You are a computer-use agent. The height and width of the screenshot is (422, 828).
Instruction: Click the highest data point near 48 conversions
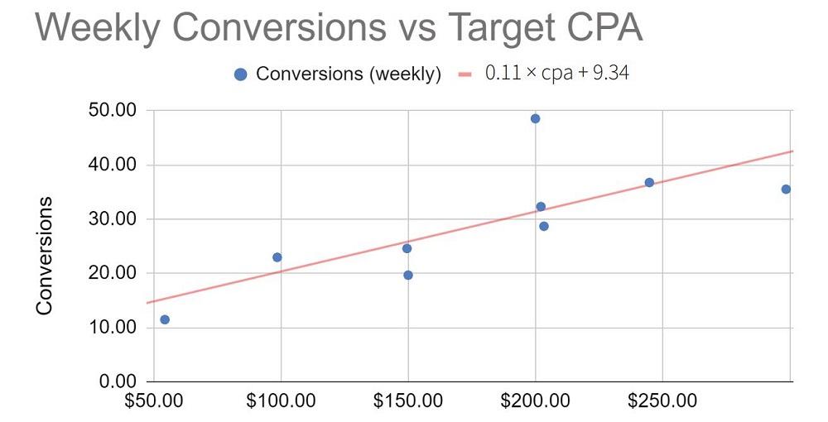point(535,118)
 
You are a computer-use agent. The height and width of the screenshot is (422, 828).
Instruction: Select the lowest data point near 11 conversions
point(165,319)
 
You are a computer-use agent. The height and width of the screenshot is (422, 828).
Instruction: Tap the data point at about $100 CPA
point(277,257)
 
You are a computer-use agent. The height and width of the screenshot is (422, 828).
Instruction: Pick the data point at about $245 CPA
point(649,182)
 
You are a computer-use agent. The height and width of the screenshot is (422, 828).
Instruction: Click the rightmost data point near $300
point(786,189)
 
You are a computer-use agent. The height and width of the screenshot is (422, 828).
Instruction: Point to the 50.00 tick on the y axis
point(111,111)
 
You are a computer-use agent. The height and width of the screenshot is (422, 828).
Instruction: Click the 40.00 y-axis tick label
point(111,165)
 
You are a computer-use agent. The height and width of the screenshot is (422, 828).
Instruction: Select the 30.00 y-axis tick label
point(111,219)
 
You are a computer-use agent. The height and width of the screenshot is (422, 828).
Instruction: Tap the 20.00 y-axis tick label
point(111,274)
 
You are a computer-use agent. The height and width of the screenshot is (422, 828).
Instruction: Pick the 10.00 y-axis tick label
point(111,328)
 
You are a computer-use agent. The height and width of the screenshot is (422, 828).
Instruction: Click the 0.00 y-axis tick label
point(116,382)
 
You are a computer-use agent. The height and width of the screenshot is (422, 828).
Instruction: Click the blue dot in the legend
point(241,74)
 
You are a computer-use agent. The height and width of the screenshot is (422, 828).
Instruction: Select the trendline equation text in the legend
point(556,74)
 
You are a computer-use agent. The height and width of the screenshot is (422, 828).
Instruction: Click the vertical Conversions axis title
point(45,256)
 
